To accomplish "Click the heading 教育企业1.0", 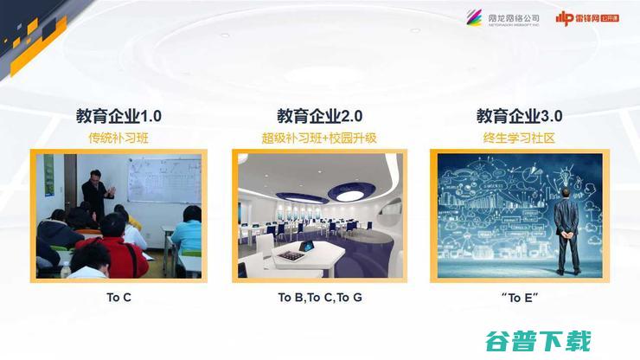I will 118,116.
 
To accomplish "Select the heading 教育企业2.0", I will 319,116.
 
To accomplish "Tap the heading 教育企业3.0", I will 519,116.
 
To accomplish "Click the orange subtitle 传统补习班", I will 118,138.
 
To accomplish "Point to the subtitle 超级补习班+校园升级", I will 319,138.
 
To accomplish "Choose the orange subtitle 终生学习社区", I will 519,138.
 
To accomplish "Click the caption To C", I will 118,298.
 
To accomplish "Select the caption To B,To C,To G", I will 319,298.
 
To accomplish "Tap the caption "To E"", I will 519,298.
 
